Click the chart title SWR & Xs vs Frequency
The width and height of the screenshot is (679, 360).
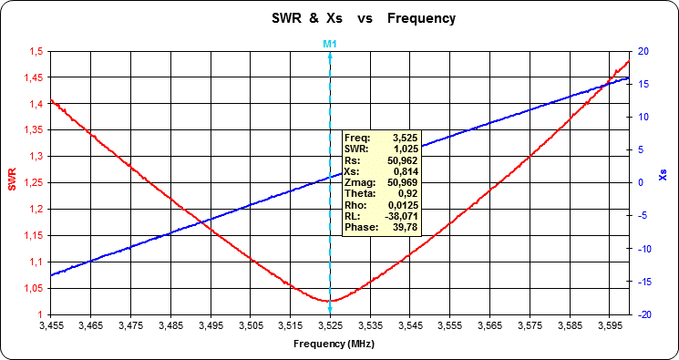[363, 18]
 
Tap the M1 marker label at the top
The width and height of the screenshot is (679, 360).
[330, 43]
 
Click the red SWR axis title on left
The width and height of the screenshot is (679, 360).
[12, 182]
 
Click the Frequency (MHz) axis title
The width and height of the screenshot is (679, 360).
[334, 345]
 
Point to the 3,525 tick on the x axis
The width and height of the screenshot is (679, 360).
[330, 324]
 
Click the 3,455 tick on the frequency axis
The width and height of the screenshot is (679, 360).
[50, 324]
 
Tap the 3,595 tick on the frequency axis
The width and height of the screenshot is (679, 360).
[610, 324]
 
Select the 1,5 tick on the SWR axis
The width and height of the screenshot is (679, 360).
[34, 51]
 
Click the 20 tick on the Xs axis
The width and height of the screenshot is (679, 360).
[643, 51]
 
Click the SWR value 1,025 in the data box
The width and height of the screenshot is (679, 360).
[405, 148]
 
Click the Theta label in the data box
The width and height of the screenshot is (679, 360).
[358, 194]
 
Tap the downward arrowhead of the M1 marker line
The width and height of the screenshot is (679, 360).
[330, 312]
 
